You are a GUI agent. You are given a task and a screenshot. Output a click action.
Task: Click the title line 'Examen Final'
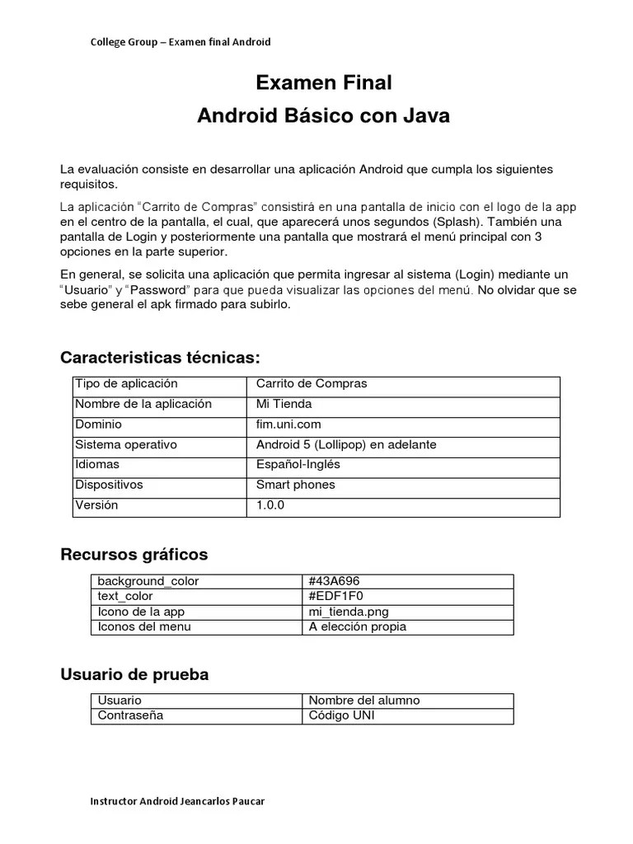[x=323, y=83]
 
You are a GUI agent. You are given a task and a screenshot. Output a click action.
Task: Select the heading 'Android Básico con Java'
[x=323, y=116]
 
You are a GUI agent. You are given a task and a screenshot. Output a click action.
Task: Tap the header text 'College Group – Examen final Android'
[x=181, y=42]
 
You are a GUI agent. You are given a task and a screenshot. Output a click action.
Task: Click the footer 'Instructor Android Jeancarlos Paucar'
[x=177, y=801]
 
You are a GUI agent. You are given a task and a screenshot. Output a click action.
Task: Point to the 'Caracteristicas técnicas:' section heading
[x=160, y=357]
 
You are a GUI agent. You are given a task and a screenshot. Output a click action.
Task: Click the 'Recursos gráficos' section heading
[x=134, y=554]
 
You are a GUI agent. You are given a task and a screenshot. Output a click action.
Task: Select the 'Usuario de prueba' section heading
[x=134, y=674]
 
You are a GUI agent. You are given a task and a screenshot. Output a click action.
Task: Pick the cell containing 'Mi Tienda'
[x=284, y=404]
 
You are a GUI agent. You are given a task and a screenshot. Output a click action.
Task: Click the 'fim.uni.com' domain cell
[x=288, y=424]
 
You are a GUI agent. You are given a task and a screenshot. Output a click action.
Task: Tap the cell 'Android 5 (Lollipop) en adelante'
[x=346, y=444]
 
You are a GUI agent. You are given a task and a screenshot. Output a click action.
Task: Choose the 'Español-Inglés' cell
[x=298, y=464]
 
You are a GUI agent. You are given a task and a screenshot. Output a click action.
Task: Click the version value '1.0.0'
[x=270, y=505]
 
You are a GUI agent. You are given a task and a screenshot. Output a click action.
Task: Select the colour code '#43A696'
[x=334, y=581]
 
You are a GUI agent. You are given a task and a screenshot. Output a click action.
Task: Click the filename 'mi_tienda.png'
[x=348, y=612]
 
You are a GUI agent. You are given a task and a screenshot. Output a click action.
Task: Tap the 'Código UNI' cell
[x=341, y=715]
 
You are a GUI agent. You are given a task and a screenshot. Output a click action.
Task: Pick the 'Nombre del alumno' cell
[x=363, y=701]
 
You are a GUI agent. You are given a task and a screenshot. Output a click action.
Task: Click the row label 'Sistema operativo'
[x=125, y=444]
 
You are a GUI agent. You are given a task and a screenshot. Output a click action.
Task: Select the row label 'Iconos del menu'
[x=144, y=626]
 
